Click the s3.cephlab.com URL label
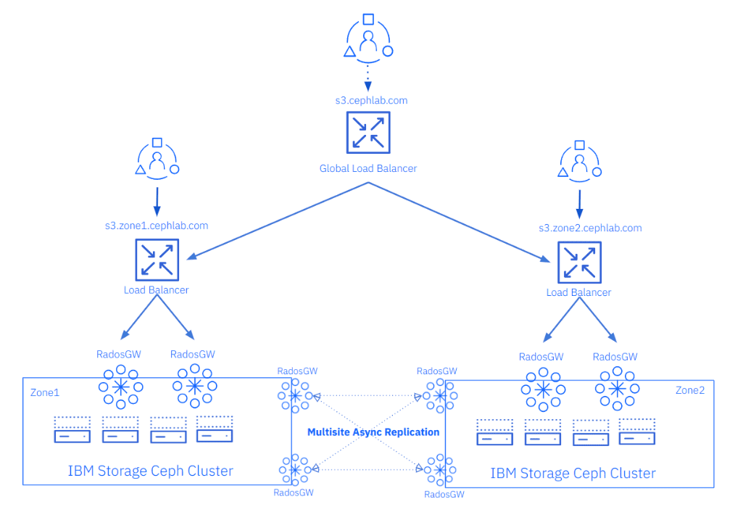click(x=370, y=100)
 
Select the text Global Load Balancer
click(x=368, y=168)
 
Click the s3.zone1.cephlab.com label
click(x=156, y=226)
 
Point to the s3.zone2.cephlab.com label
click(x=590, y=228)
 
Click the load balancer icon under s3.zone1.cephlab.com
click(x=157, y=260)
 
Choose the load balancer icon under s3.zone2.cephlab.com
click(x=578, y=263)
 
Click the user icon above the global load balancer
click(x=368, y=36)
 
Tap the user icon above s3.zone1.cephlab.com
click(x=157, y=158)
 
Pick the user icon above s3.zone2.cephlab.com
click(x=579, y=160)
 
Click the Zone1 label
click(x=45, y=392)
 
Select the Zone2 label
click(x=690, y=390)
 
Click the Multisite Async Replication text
click(x=373, y=432)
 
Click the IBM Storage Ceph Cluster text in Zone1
click(x=151, y=471)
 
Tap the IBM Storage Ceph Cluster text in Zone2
click(x=573, y=474)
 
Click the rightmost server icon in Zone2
click(x=637, y=432)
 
